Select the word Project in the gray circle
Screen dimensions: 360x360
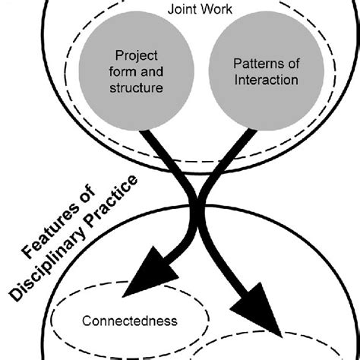pos(135,56)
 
